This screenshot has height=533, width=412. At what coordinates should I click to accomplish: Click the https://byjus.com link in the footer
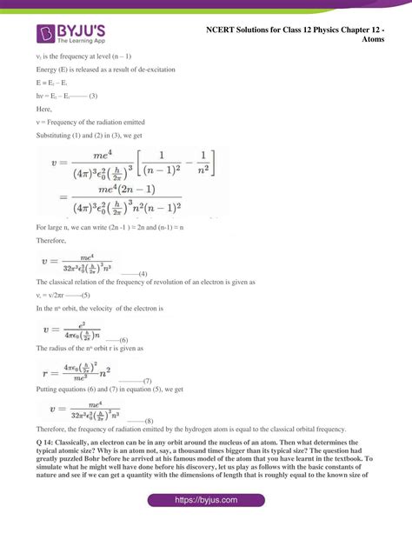[x=206, y=501]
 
